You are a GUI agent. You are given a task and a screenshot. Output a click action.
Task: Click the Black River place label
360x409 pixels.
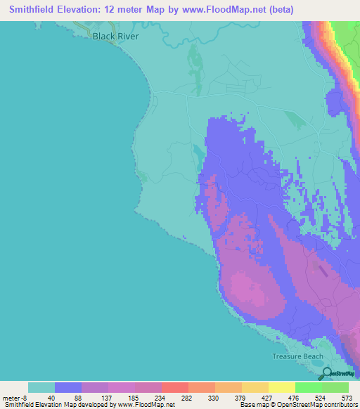116,36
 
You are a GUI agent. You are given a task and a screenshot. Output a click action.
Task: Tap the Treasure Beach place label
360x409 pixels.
299,356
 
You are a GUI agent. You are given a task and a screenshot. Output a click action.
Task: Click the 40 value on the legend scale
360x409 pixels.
51,397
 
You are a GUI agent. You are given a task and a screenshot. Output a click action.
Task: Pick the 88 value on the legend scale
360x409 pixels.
78,397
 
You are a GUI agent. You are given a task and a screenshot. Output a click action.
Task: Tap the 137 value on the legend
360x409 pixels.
105,397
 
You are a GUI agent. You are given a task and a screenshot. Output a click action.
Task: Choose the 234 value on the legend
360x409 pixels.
158,397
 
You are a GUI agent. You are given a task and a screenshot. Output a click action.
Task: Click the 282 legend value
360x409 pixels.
185,397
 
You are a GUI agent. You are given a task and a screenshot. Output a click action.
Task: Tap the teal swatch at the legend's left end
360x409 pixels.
41,387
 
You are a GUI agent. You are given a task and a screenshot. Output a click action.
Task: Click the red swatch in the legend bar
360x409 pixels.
174,387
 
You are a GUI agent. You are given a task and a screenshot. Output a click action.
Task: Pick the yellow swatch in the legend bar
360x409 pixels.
281,387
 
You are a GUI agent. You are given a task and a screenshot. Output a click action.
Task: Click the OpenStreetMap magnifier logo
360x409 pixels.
328,373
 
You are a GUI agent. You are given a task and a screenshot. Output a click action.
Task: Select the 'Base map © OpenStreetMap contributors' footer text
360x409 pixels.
297,405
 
